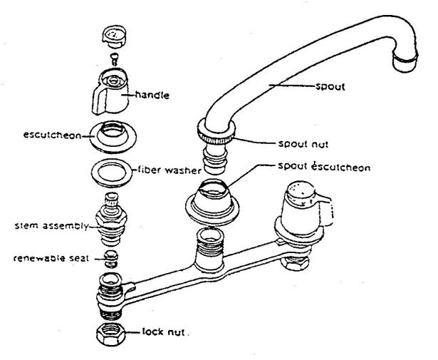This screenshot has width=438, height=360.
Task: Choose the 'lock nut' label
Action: click(x=165, y=331)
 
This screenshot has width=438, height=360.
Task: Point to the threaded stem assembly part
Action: click(x=110, y=220)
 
